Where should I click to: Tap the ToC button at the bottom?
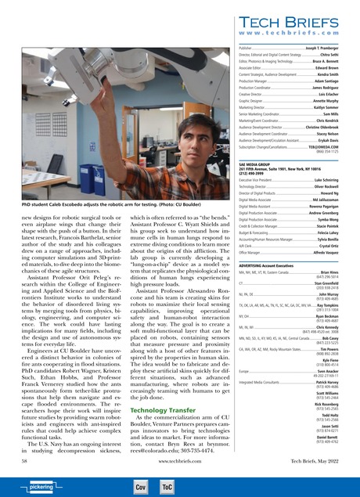click(x=167, y=486)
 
